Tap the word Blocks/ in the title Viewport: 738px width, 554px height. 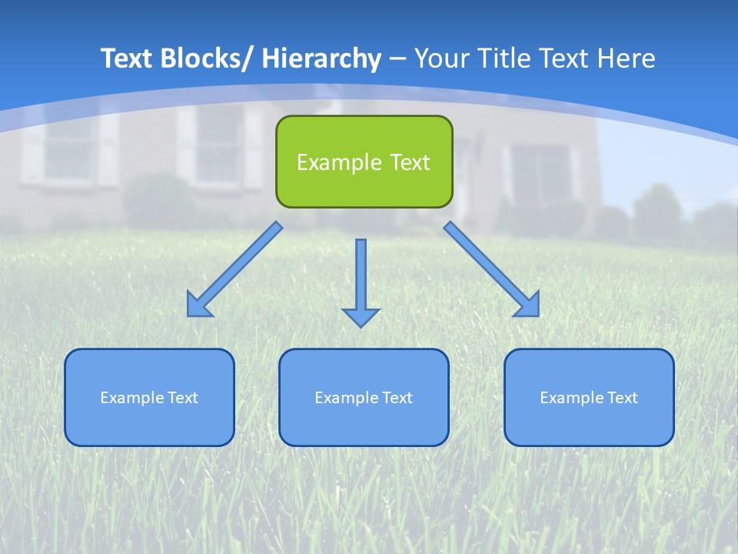coord(205,58)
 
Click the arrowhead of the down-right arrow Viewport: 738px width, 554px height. coord(528,305)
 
